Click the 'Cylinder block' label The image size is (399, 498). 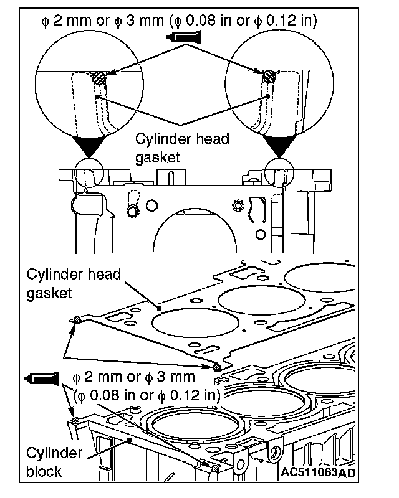tap(55, 461)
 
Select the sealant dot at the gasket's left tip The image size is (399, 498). tap(76, 320)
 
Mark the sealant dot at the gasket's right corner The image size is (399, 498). tap(216, 367)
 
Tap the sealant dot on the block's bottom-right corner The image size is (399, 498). tap(215, 467)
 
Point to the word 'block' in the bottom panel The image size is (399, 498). tap(44, 471)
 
